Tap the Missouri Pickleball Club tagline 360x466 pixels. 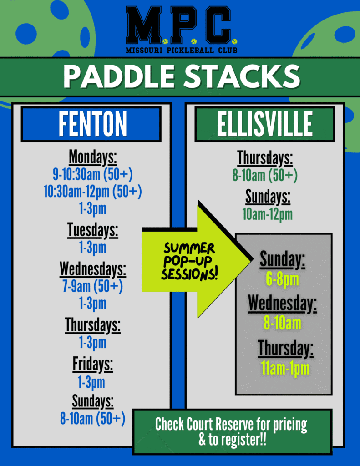coord(181,50)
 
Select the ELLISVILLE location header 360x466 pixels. coord(265,124)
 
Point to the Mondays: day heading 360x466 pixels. coord(93,157)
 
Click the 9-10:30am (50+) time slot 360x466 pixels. coord(93,174)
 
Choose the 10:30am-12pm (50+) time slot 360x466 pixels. coord(93,192)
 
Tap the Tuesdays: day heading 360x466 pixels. coord(93,230)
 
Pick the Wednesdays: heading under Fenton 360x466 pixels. coord(93,269)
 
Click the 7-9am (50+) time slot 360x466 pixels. coord(93,287)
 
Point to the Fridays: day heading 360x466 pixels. coord(93,365)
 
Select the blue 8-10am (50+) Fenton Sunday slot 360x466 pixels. coord(93,419)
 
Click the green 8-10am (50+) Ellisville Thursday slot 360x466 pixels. coord(265,175)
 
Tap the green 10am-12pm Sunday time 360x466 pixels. coord(268,214)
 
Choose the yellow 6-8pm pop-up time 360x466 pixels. coord(283,279)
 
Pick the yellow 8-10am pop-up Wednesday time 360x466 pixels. coord(283,323)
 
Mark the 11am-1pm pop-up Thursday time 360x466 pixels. coord(285,369)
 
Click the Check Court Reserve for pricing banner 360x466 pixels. coord(232,432)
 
